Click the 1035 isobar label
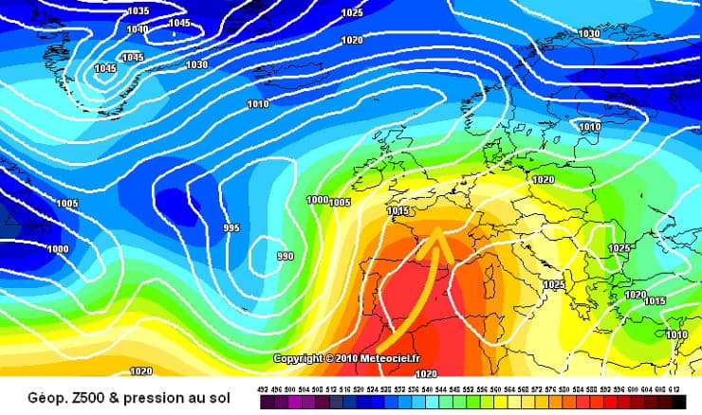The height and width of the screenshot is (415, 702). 139,10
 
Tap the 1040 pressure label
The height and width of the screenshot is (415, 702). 138,29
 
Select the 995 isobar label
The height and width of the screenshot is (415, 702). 231,228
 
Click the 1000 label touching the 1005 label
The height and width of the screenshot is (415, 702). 317,200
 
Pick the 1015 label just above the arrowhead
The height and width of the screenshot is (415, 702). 398,210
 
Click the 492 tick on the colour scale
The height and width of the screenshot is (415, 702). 263,388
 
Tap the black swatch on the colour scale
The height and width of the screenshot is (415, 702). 678,403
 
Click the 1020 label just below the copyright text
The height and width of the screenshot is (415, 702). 427,373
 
